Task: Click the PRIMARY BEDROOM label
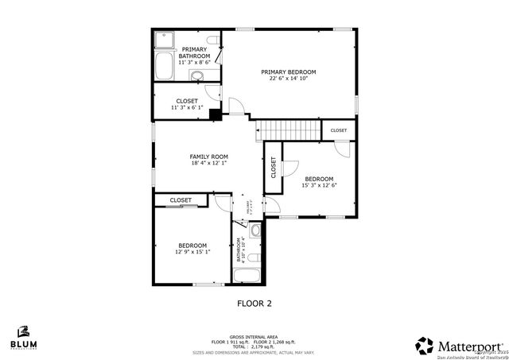click(288, 72)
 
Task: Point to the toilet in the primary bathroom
click(212, 41)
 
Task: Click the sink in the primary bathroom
click(196, 76)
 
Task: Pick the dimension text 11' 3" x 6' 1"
click(187, 108)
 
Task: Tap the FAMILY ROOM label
click(208, 157)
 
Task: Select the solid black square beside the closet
click(215, 114)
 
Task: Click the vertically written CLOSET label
click(273, 167)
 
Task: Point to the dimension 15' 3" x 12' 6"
click(319, 186)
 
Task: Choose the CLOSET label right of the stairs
click(339, 130)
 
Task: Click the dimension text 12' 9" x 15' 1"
click(192, 252)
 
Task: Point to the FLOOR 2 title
click(254, 303)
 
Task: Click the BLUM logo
click(24, 337)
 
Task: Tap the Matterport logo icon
click(425, 346)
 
